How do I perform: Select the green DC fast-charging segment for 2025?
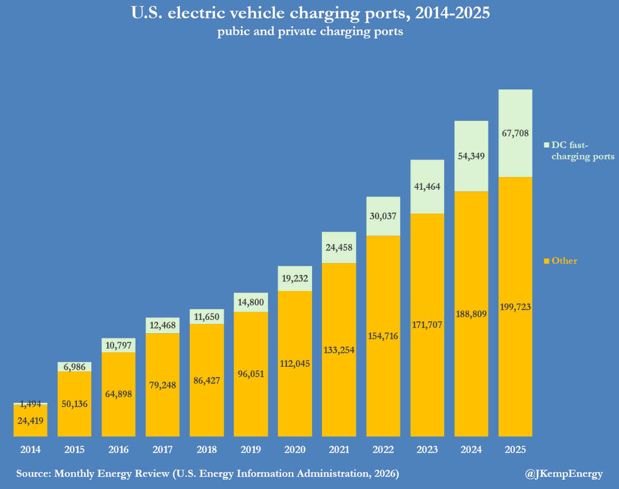[x=515, y=119]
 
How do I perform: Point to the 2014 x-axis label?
[x=30, y=450]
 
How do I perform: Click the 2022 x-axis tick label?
[x=383, y=450]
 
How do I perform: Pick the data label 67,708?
[x=515, y=133]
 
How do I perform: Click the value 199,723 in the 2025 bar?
[x=515, y=307]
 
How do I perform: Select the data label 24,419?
[x=30, y=420]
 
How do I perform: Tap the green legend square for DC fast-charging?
[x=547, y=145]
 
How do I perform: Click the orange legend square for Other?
[x=547, y=261]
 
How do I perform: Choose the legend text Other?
[x=564, y=261]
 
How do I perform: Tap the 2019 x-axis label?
[x=251, y=450]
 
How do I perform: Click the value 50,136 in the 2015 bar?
[x=74, y=403]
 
